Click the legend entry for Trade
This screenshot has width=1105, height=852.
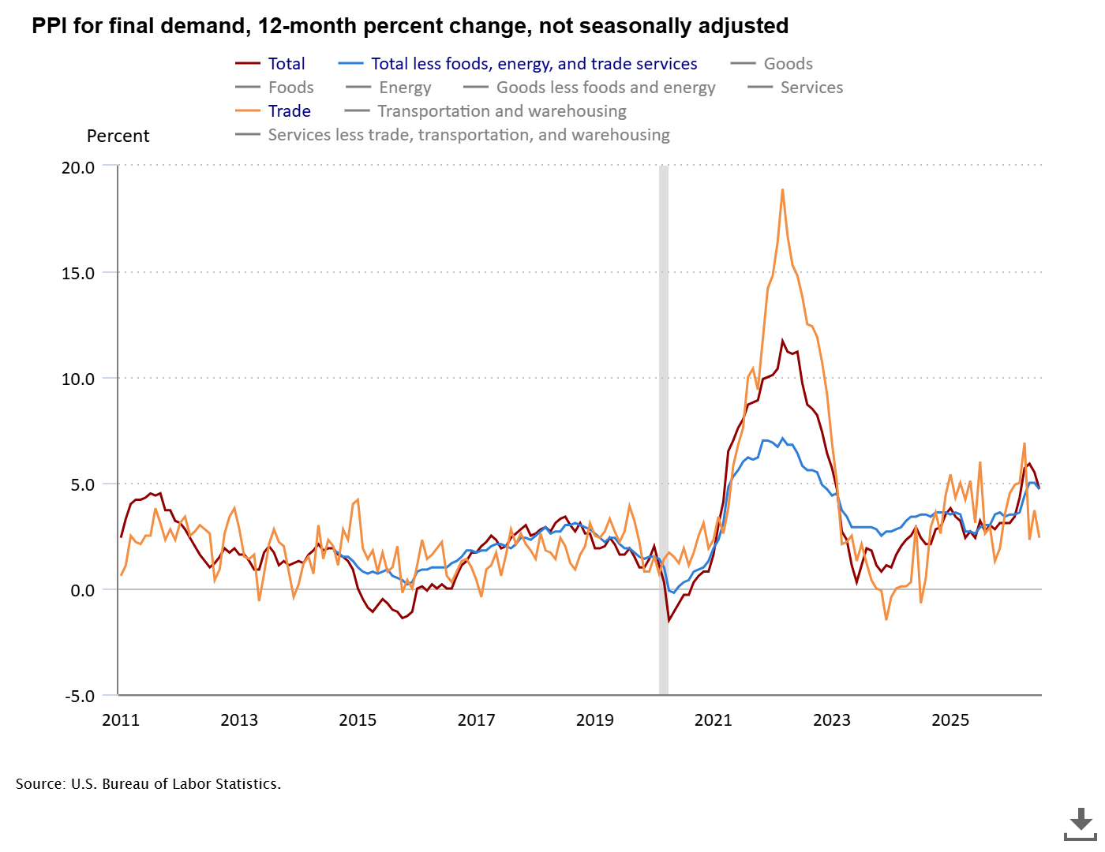tap(273, 110)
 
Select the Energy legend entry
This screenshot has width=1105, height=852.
tap(388, 88)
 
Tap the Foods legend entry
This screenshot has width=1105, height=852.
tap(275, 88)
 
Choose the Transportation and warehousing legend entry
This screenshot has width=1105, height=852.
tap(485, 110)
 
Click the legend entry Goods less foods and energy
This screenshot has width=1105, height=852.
tap(590, 88)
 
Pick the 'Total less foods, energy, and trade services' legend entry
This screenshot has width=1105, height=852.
tap(518, 64)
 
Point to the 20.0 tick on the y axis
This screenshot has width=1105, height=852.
tap(78, 168)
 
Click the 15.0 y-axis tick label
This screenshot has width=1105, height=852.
tap(78, 273)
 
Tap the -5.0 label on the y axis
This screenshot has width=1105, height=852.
tap(80, 696)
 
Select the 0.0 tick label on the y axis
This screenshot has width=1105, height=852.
tap(82, 590)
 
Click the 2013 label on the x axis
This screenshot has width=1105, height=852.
tap(239, 720)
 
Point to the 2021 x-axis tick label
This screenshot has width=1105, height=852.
tap(713, 720)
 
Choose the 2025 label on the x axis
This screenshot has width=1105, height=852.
tap(950, 720)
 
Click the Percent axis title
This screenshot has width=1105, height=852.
tap(118, 136)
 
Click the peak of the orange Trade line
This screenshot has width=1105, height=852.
tap(782, 189)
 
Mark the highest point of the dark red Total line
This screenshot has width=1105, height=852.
tap(782, 340)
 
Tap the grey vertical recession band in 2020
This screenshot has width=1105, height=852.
tap(664, 430)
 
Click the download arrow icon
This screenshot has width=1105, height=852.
tap(1080, 824)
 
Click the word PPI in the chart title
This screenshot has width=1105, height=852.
tap(49, 25)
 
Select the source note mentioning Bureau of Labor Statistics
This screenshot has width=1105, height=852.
tap(148, 783)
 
